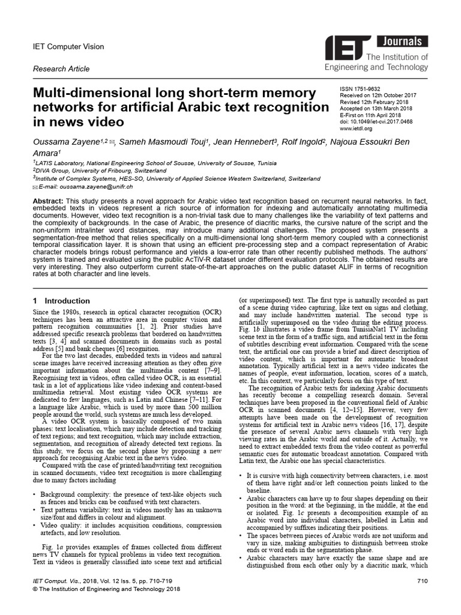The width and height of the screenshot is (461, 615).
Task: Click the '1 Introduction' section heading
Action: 61,300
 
